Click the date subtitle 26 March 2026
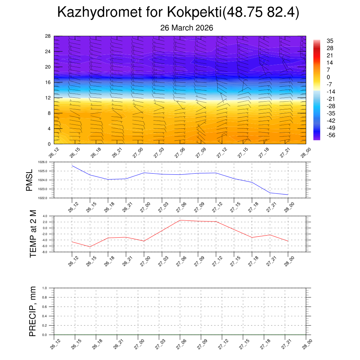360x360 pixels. coord(187,28)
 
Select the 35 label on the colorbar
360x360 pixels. coord(330,41)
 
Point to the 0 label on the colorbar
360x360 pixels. coord(328,77)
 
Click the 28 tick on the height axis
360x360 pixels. coord(48,36)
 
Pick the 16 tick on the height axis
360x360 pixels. coord(48,82)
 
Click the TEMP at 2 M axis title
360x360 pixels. coord(33,233)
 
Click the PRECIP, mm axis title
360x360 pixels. coord(33,311)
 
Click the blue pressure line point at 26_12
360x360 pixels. coord(72,166)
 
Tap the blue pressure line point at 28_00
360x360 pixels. coord(288,195)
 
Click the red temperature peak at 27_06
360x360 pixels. coord(180,220)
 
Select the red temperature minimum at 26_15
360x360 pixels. coord(90,246)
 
